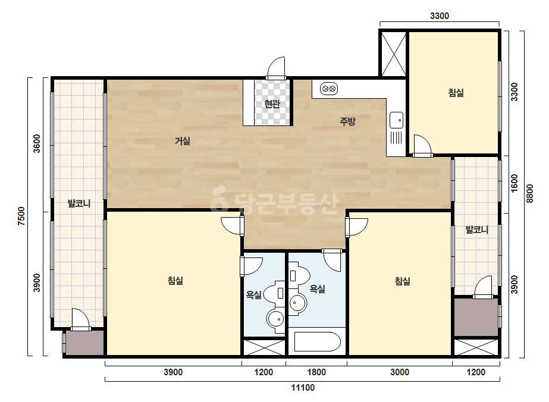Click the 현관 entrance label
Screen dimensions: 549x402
pos(272,104)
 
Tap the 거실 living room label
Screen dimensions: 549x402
pos(183,141)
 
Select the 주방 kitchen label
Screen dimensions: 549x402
pos(347,121)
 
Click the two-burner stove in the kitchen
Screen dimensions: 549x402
pos(329,89)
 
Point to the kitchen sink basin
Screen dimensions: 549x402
pos(396,120)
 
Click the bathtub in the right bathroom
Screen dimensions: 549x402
pos(317,342)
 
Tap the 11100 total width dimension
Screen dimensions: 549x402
pos(303,388)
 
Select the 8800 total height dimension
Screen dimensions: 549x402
pos(529,193)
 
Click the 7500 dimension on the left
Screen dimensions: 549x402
pos(21,216)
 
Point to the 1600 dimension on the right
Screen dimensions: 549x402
pos(515,184)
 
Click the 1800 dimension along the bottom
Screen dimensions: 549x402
pos(316,372)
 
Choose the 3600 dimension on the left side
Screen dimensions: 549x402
pos(37,143)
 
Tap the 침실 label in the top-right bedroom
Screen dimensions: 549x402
pos(456,93)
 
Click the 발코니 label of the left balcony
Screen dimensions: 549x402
pos(79,203)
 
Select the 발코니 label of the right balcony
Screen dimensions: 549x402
pos(476,230)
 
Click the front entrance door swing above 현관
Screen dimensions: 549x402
pos(276,68)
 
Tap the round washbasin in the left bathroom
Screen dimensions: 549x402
pos(275,319)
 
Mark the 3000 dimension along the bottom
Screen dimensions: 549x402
pos(400,372)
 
